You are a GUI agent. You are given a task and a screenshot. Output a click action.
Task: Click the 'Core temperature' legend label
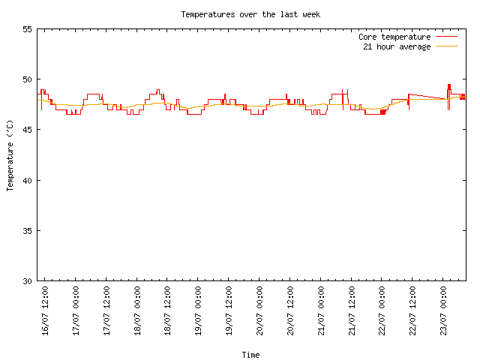tap(394, 37)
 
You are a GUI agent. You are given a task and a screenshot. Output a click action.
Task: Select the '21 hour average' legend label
tap(397, 46)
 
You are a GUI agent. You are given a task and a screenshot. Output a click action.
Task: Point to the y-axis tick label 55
tap(27, 29)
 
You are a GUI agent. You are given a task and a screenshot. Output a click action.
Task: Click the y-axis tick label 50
tap(27, 79)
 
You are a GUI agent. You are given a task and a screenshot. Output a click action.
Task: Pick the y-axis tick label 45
tap(27, 130)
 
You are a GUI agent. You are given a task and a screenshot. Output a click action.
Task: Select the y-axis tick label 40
tap(27, 181)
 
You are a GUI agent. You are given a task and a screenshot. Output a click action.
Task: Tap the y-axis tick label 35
tap(27, 231)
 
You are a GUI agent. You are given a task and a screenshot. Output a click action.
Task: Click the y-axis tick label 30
tap(27, 281)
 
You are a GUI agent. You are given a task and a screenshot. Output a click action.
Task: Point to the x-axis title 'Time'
tap(250, 355)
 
